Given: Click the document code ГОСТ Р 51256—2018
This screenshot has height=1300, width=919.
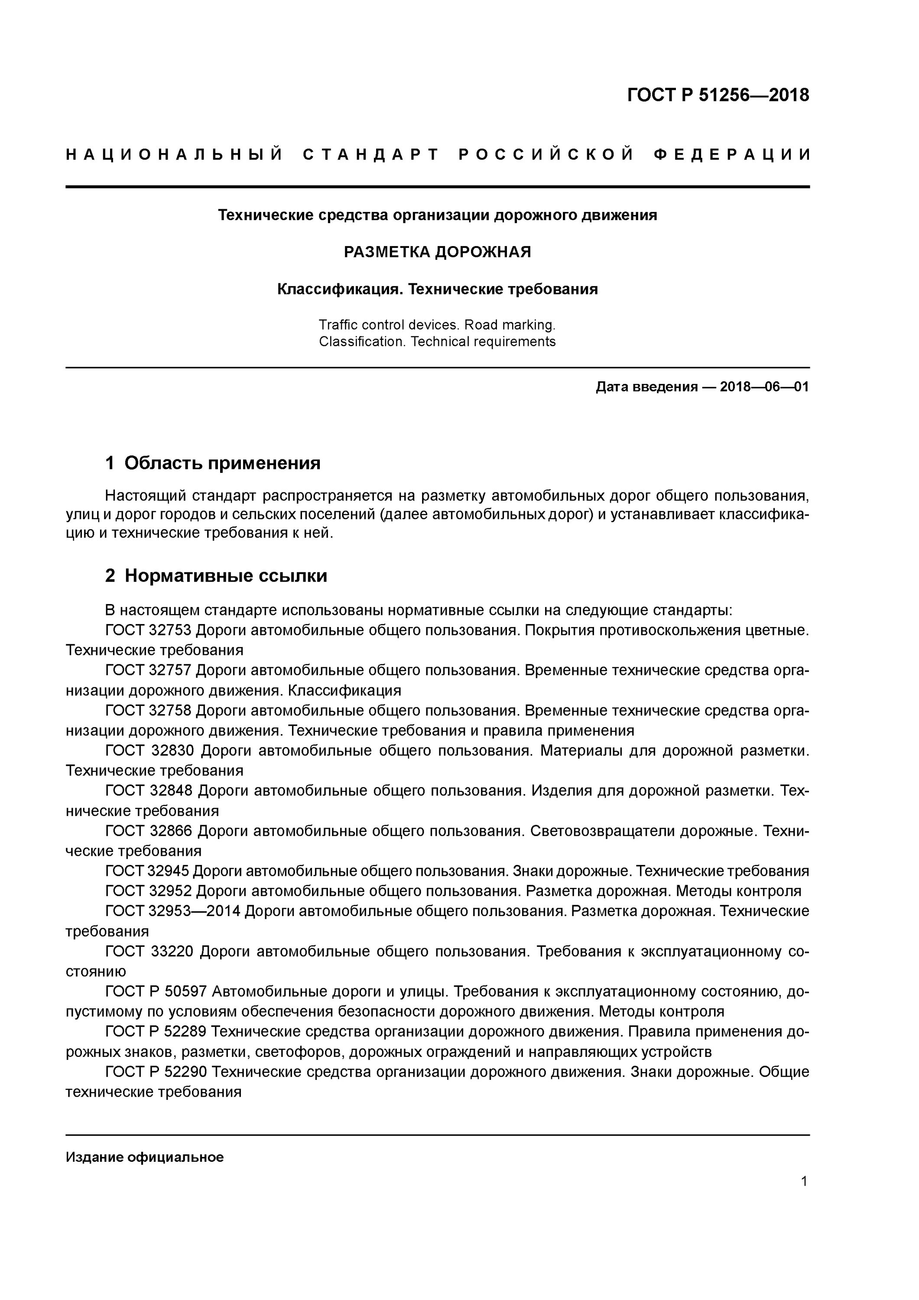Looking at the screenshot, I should [718, 95].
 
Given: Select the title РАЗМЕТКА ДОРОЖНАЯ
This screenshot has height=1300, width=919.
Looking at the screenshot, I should [437, 252].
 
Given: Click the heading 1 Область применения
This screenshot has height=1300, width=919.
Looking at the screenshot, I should [212, 463].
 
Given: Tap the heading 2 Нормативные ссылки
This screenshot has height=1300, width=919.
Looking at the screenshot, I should [216, 576].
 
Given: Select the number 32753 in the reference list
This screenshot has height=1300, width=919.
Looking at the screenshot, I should [170, 630].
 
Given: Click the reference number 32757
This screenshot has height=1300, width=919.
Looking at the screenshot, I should [170, 670].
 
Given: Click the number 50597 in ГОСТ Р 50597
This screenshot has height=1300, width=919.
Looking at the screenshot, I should [186, 991].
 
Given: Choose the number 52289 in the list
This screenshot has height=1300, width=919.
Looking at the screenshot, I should [186, 1032].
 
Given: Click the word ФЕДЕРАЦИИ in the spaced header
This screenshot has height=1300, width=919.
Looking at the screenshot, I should [732, 155].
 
